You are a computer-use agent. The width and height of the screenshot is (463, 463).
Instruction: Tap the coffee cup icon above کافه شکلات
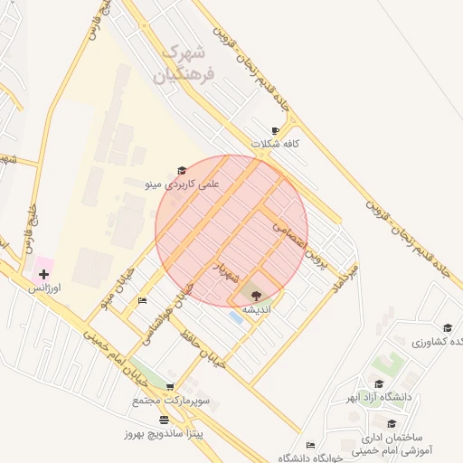275,131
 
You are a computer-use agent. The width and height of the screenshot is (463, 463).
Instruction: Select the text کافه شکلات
278,144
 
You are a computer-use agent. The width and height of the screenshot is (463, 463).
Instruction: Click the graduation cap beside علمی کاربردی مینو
182,170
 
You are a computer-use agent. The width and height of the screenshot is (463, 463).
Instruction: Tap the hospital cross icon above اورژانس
43,273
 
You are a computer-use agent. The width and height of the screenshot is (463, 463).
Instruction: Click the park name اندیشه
256,307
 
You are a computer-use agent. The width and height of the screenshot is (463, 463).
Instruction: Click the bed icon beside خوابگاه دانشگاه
310,445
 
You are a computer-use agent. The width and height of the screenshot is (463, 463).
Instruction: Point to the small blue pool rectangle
236,317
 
